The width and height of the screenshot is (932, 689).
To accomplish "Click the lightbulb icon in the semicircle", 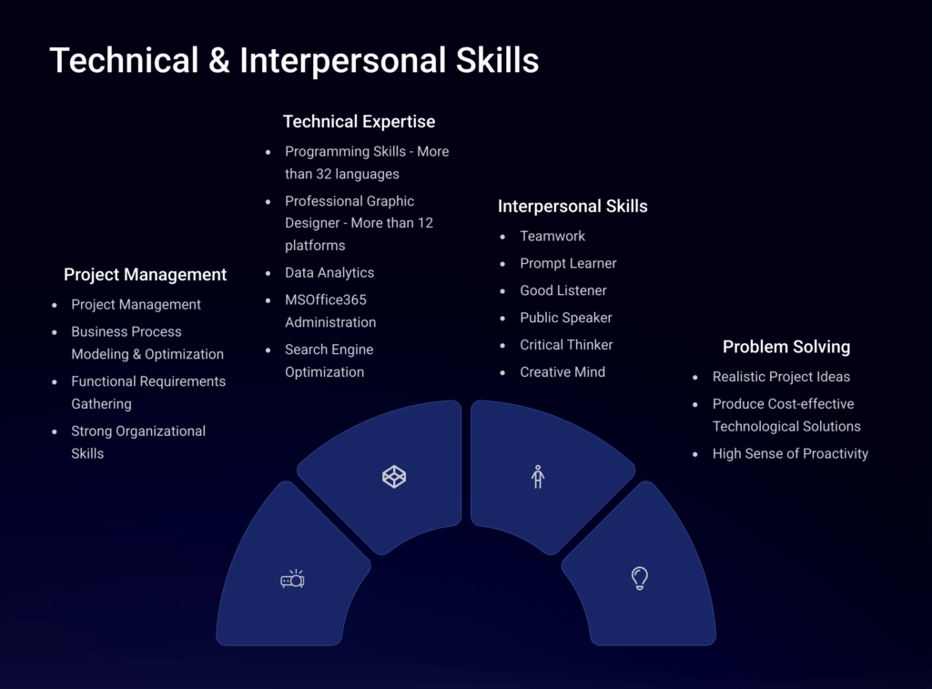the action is coord(640,578).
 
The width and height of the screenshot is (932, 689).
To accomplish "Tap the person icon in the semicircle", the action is coord(538,477).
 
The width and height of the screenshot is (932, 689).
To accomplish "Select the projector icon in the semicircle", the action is coord(292,579).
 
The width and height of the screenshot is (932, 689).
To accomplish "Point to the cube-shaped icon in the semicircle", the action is coord(394,477).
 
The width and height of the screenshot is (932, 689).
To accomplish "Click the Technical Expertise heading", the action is coord(359,122).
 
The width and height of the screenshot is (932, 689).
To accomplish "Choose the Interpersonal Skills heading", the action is coord(572,207).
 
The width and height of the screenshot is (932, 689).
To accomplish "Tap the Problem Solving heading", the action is coord(786,347).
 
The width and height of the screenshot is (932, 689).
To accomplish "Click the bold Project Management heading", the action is coord(145,275).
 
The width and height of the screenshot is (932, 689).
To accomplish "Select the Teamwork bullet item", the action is coord(552,236).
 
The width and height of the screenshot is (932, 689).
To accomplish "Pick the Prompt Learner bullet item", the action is coord(568,263).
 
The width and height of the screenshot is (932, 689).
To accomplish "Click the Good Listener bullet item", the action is coord(563,290).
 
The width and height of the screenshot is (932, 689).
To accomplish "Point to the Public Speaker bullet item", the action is coord(566,318).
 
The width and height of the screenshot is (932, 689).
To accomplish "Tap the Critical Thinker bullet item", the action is coord(566,345).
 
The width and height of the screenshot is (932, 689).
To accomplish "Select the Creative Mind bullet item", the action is coord(562,372).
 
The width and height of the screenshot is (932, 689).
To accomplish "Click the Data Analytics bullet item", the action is coord(329,273).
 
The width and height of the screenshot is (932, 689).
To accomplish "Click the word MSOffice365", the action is coord(326,299).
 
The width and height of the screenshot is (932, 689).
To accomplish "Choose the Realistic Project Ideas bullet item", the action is coord(781,377).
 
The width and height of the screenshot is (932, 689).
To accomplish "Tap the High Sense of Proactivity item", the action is coord(791,454).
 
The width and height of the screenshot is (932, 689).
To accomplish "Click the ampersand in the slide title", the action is coord(218,61).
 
